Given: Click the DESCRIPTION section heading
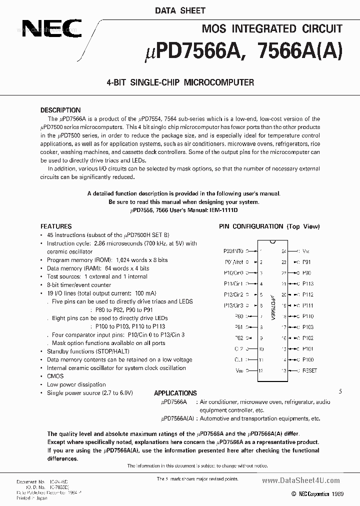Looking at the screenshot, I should click(x=60, y=110).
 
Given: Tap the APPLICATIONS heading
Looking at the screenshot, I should click(x=175, y=393).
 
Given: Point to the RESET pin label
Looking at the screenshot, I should click(x=310, y=371).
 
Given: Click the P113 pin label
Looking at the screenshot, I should click(x=308, y=283).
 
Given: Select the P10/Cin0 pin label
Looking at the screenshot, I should click(x=233, y=273).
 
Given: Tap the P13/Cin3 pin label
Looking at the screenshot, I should click(x=233, y=305).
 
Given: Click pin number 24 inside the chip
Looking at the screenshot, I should click(x=283, y=251).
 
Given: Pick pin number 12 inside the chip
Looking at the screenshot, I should click(x=260, y=371).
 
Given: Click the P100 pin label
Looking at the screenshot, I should click(x=308, y=359).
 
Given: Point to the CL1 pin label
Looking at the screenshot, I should click(x=238, y=360).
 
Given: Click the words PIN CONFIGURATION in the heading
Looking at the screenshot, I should click(x=251, y=226).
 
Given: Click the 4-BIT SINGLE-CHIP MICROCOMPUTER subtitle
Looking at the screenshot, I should click(x=180, y=82).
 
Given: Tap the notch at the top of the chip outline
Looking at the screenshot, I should click(x=271, y=242).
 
